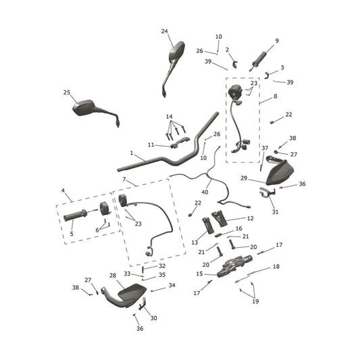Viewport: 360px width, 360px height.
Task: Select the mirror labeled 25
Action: click(92, 109)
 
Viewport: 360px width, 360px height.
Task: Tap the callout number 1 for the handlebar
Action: click(132, 153)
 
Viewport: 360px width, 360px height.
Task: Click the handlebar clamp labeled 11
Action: click(180, 143)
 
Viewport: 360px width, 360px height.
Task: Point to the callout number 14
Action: click(170, 117)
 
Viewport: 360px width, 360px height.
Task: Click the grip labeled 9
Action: click(258, 61)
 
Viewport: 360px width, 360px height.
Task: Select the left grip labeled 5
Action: click(75, 215)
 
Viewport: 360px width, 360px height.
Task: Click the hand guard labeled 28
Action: click(124, 295)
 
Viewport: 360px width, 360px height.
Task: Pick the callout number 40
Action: click(205, 192)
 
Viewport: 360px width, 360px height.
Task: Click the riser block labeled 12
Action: click(219, 219)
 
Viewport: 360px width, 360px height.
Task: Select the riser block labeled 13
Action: click(208, 226)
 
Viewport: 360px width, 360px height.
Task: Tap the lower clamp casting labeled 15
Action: click(234, 266)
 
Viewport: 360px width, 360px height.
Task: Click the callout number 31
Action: click(276, 211)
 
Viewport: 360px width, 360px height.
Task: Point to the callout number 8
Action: click(276, 96)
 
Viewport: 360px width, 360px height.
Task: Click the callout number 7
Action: click(124, 179)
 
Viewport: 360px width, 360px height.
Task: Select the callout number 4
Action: click(63, 190)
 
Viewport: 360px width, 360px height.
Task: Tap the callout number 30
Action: click(153, 318)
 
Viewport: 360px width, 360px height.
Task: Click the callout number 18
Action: click(276, 266)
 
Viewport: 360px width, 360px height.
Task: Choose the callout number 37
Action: click(265, 148)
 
